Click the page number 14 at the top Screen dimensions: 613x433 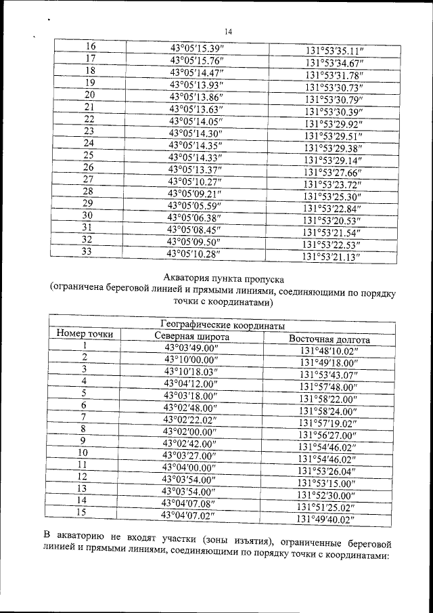[228, 32]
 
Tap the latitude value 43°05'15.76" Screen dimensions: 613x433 [197, 60]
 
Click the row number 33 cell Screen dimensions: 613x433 [87, 251]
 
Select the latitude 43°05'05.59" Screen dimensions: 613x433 [195, 205]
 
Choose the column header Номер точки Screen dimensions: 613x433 [85, 334]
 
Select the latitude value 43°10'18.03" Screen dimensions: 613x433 [192, 371]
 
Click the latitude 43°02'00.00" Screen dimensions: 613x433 [191, 430]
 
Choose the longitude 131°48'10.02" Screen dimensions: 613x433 [332, 351]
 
